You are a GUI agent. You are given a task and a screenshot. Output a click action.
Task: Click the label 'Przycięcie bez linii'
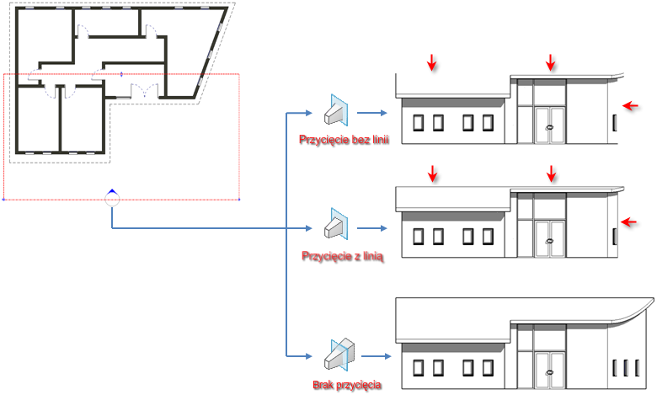click(x=343, y=139)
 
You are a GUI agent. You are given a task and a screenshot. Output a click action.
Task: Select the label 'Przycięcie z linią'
click(x=342, y=255)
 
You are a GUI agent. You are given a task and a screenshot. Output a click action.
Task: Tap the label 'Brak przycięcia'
click(x=345, y=386)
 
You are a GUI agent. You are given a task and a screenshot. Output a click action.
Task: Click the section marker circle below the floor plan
click(x=112, y=200)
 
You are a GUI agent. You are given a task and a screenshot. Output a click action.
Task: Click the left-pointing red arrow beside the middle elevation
click(x=631, y=222)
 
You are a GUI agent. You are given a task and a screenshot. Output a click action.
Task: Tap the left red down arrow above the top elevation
click(x=432, y=62)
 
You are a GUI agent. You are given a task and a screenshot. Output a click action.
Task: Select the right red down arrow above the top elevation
click(x=551, y=62)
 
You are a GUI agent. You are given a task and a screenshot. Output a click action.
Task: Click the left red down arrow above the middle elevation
click(x=433, y=173)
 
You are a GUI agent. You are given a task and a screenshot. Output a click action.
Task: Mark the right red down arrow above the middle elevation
click(x=552, y=173)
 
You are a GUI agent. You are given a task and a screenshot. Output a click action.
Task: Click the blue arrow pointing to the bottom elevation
click(x=375, y=357)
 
